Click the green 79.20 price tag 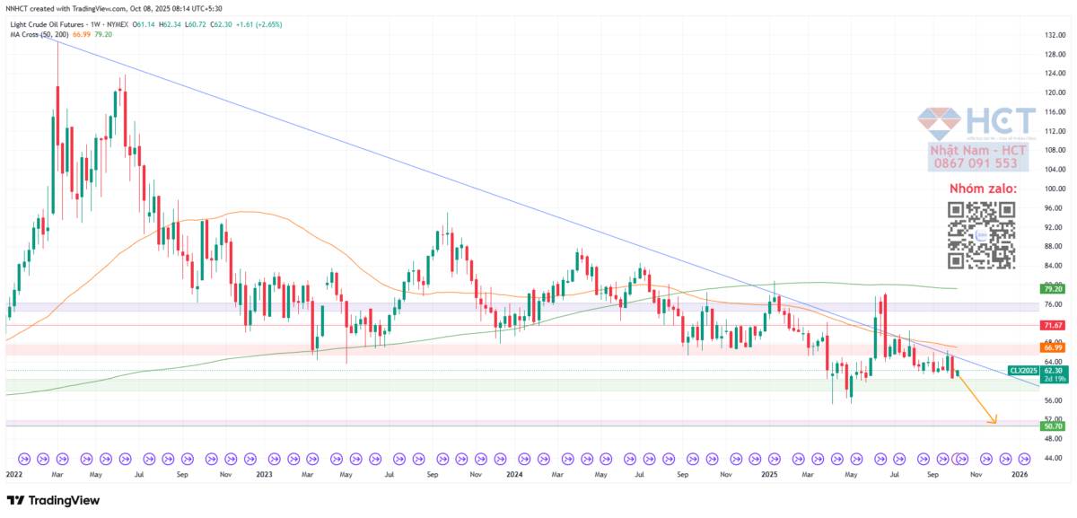(1053, 289)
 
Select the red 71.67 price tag (1053, 324)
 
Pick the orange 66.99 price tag (1053, 347)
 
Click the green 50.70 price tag (1053, 426)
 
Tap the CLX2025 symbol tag (1022, 370)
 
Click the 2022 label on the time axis (13, 472)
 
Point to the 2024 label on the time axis (514, 472)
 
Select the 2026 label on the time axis (1020, 472)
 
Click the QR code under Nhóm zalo (982, 234)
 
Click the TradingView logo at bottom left (53, 500)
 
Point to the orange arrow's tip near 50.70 (995, 422)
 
